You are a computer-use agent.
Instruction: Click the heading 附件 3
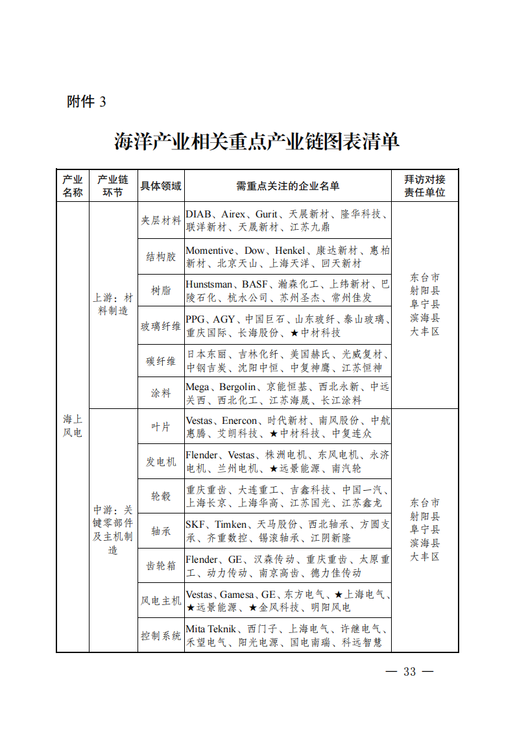click(x=86, y=102)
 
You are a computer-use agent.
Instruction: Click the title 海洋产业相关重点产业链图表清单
click(x=257, y=142)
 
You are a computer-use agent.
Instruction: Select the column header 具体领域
click(x=161, y=186)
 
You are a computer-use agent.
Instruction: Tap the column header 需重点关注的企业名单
click(x=287, y=186)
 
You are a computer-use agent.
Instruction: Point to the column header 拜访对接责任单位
click(x=425, y=186)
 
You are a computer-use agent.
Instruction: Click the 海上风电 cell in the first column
click(x=72, y=425)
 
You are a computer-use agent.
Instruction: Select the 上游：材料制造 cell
click(x=113, y=304)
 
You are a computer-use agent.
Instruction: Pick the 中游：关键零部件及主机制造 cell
click(x=113, y=530)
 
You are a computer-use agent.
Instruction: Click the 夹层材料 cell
click(x=161, y=220)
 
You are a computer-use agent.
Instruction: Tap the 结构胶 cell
click(x=161, y=256)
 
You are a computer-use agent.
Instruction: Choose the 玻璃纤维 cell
click(x=161, y=326)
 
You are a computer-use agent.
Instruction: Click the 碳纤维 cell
click(x=161, y=361)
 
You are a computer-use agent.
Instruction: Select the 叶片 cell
click(x=161, y=426)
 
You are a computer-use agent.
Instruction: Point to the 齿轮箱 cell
click(x=161, y=565)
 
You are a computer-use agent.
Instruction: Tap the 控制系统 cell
click(x=161, y=636)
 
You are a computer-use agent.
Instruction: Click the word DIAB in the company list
click(x=199, y=214)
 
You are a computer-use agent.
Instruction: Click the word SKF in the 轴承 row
click(x=195, y=525)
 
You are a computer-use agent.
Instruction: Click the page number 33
click(x=409, y=671)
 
